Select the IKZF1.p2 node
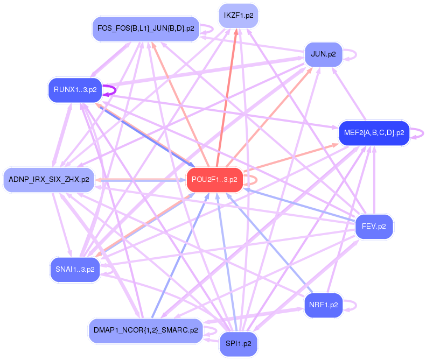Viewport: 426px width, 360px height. point(238,16)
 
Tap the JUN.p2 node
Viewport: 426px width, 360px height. point(323,54)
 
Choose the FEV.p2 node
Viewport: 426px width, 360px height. point(374,227)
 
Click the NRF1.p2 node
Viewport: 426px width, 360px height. point(323,305)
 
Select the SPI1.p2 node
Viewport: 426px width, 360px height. point(238,344)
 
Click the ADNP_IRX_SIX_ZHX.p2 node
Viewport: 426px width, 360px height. point(48,179)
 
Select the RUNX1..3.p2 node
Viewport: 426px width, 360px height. point(74,90)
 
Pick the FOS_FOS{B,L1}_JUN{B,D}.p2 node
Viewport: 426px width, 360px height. point(145,28)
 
